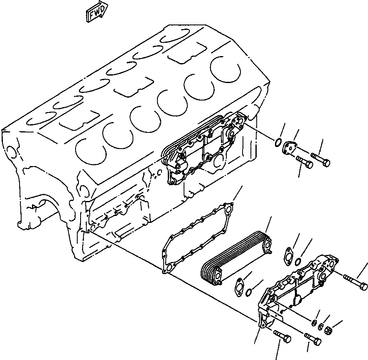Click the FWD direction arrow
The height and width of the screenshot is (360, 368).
[x=96, y=12]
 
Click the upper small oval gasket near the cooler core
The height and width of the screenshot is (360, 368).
[x=286, y=255]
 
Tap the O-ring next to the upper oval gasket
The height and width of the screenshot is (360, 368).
[x=298, y=261]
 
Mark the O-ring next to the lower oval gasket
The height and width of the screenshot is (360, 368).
[x=248, y=294]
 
